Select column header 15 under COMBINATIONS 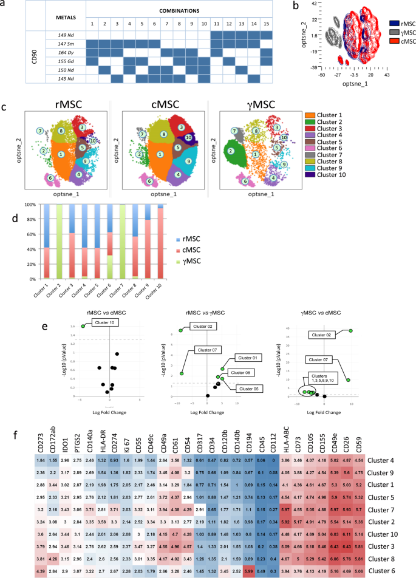(x=266, y=24)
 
